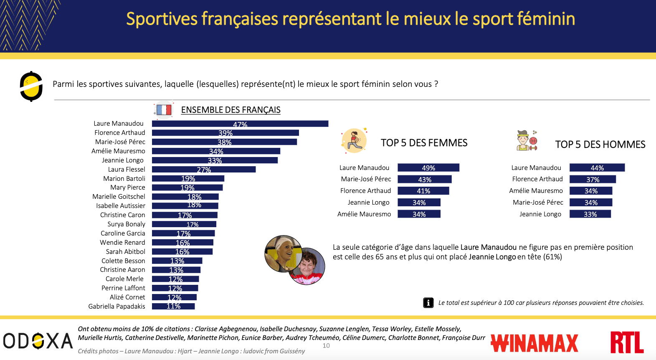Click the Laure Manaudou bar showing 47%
coord(240,124)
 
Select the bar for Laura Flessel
coord(204,170)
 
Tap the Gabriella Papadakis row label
coord(117,307)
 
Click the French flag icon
coord(164,110)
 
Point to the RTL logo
coord(627,342)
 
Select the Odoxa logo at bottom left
coord(38,341)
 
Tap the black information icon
coord(428,303)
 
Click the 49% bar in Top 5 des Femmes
coord(428,168)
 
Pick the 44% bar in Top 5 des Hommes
coord(597,168)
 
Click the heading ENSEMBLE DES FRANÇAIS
coord(230,110)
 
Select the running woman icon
coord(354,140)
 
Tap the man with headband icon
coord(524,141)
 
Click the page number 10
coord(326,346)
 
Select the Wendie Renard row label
coord(122,243)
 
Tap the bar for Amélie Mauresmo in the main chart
coord(216,151)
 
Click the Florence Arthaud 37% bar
coord(593,179)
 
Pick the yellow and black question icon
coord(31,86)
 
